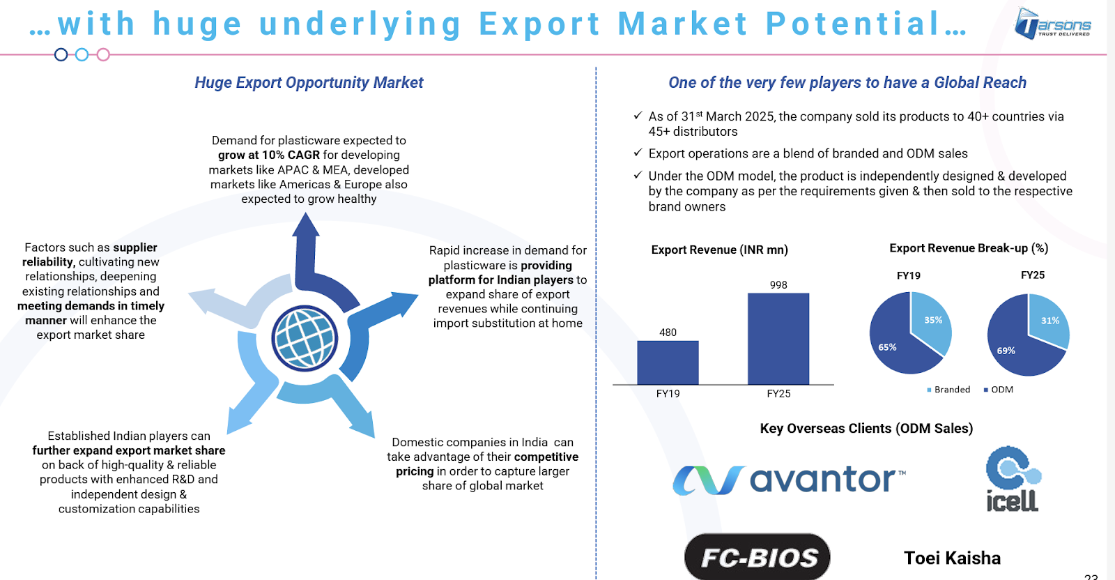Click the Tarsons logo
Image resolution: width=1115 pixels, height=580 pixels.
(1053, 24)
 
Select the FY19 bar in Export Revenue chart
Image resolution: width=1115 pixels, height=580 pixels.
(668, 362)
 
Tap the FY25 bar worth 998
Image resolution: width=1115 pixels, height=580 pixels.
(778, 339)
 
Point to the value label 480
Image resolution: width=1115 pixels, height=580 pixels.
(668, 332)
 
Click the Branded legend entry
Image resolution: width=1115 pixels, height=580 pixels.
(948, 389)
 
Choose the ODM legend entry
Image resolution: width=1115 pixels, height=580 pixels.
(998, 389)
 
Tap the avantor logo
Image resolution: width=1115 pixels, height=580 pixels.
(789, 480)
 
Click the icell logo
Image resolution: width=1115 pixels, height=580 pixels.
(1013, 478)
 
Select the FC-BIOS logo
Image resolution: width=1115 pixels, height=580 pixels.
(757, 556)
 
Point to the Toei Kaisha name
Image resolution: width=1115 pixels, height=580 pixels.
(952, 558)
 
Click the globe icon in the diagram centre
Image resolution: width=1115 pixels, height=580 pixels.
(305, 339)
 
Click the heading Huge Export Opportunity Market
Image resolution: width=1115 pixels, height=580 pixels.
(309, 83)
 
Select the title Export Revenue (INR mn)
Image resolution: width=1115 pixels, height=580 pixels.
(719, 250)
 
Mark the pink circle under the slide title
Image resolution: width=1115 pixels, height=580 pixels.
(103, 55)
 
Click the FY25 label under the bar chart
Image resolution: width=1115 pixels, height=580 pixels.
(778, 394)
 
